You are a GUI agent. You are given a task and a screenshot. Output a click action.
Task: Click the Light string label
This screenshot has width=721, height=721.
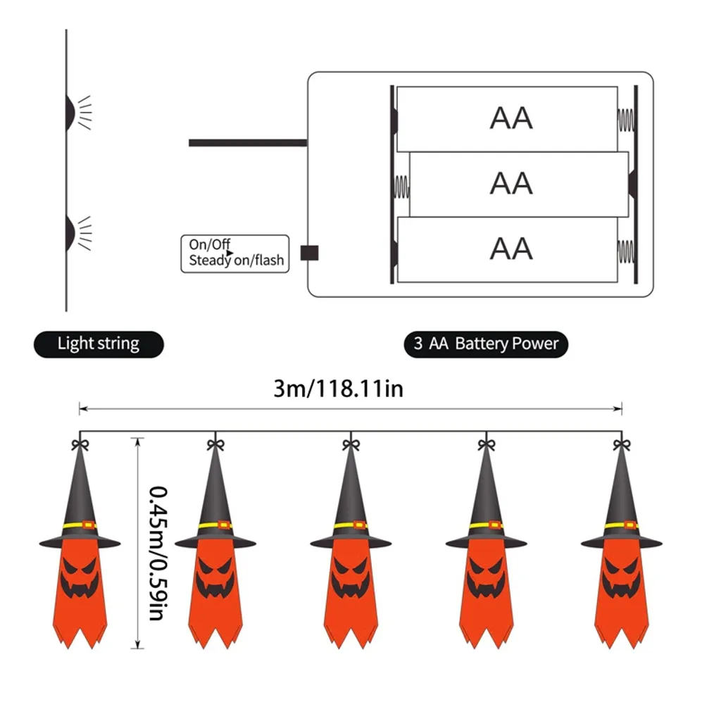(99, 344)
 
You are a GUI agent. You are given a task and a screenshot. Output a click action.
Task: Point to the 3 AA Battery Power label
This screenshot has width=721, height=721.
(486, 344)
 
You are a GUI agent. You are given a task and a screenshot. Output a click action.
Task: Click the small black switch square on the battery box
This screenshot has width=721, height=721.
(309, 253)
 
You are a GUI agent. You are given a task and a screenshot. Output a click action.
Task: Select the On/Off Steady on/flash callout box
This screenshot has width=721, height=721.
(235, 253)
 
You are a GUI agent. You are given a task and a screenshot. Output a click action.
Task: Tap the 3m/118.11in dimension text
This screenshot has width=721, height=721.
(339, 389)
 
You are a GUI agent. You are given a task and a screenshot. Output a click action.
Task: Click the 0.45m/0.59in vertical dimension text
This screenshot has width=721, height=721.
(158, 553)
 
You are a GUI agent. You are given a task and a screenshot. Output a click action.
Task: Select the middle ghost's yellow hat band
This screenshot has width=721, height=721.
(350, 525)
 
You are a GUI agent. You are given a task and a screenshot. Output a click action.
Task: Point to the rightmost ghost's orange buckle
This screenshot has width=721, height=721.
(632, 525)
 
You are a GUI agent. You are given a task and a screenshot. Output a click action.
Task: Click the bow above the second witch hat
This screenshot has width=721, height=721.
(215, 444)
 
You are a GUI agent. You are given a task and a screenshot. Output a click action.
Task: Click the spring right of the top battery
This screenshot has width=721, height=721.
(625, 119)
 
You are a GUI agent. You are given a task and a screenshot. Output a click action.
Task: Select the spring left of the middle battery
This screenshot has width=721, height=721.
(401, 185)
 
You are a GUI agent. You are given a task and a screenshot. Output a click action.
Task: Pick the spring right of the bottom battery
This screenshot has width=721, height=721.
(625, 250)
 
